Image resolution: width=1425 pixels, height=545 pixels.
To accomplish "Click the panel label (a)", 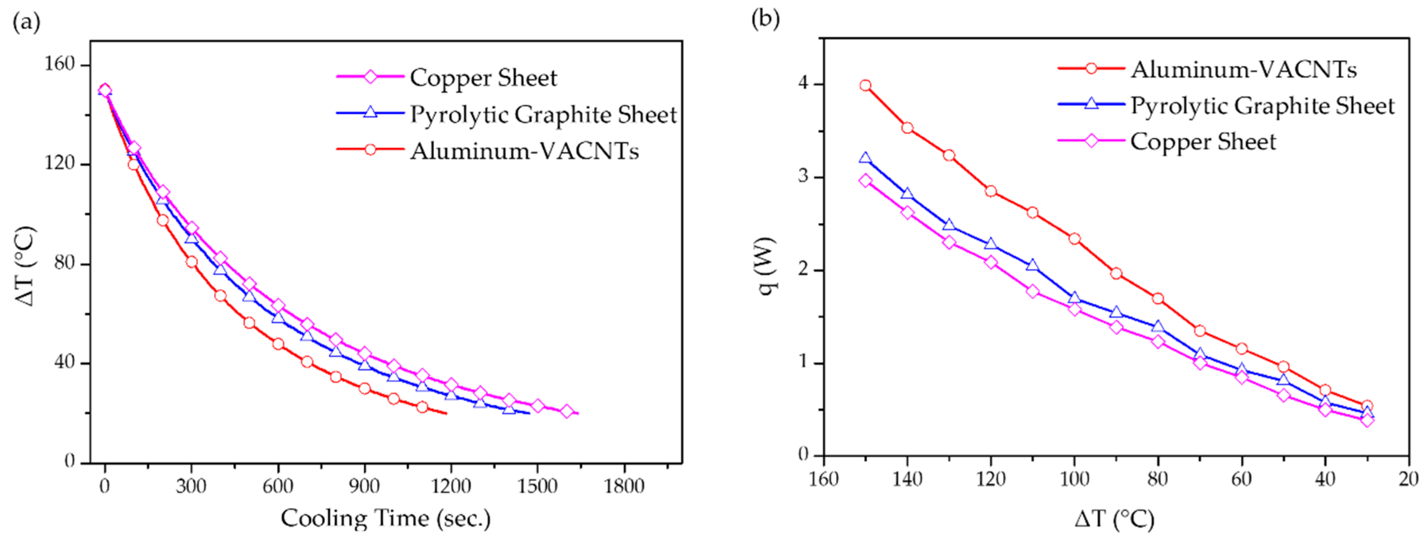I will point(26,23).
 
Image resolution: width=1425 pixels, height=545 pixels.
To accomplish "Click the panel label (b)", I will point(766,19).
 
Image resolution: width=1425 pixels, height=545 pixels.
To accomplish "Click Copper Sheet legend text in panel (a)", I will point(483,78).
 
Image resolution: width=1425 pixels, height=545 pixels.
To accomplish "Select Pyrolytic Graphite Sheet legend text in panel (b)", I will point(1262,106).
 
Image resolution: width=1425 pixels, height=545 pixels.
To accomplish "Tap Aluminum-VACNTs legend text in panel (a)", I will point(524,151).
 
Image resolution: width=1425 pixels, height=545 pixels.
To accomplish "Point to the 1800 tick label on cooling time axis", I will point(624,486).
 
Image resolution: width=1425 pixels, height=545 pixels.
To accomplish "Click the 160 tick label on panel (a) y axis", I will point(59,64).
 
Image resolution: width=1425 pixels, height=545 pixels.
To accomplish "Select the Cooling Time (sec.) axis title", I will point(386,519).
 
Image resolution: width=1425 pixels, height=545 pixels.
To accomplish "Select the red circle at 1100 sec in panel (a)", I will point(422,407).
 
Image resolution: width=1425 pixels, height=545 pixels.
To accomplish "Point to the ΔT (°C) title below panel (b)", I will point(1114,519).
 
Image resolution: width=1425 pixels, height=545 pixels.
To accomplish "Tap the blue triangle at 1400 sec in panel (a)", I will point(509,408).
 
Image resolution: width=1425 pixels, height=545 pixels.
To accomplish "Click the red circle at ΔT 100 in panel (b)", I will point(1074,239).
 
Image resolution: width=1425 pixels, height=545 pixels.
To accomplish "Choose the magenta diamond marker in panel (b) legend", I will point(1091,141).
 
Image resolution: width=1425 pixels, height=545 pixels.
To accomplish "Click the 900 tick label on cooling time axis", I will point(364,486).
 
